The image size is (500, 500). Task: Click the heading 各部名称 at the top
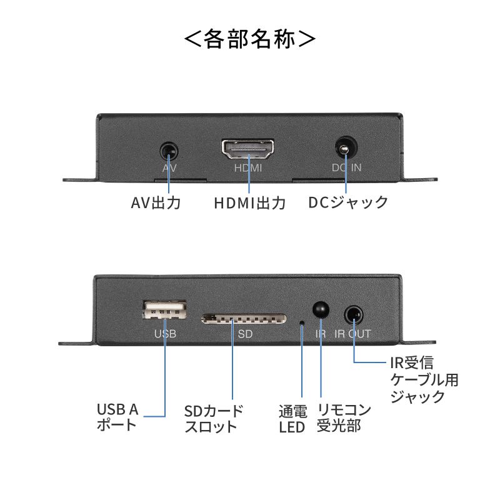click(x=250, y=39)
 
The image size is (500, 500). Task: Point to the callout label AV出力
click(x=156, y=203)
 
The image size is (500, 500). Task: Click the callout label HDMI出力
click(x=249, y=203)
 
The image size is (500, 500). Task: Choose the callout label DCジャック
click(x=348, y=203)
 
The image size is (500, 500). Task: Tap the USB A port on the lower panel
click(x=165, y=310)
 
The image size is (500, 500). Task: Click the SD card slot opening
click(x=244, y=319)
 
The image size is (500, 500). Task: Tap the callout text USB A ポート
click(x=117, y=417)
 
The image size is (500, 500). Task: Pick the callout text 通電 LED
click(x=292, y=419)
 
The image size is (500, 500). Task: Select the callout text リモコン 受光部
click(x=344, y=418)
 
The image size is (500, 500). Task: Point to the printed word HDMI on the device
click(x=248, y=169)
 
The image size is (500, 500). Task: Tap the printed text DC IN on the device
click(x=346, y=169)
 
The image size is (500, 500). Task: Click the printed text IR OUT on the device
click(x=353, y=334)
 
